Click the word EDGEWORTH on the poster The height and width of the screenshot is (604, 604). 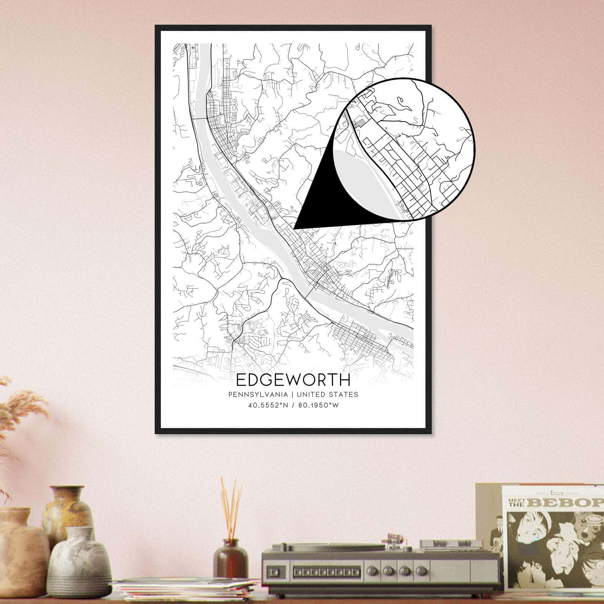pos(293,380)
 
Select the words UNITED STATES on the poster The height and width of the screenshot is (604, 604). pos(327,394)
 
